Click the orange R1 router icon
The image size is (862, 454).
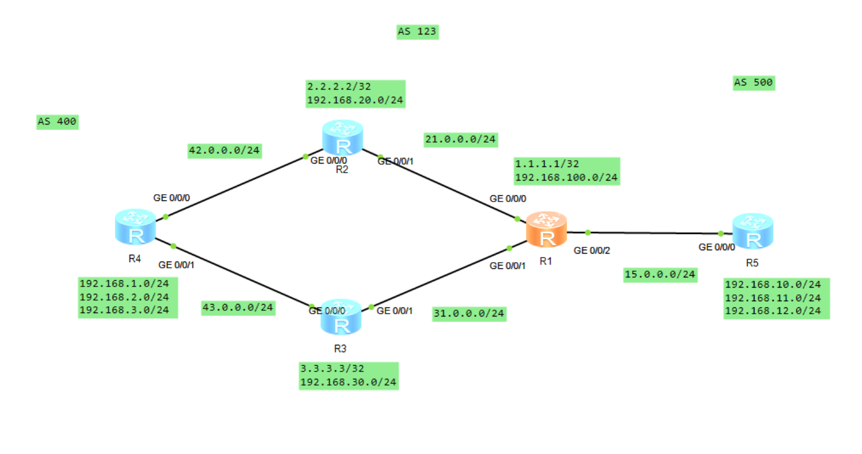click(546, 230)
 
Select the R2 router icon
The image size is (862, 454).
click(342, 138)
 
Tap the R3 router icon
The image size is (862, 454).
click(341, 318)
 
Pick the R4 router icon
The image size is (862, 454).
click(135, 228)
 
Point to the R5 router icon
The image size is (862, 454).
click(752, 232)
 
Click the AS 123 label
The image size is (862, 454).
click(417, 32)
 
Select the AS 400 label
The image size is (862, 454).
click(57, 122)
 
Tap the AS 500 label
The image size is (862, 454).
click(753, 83)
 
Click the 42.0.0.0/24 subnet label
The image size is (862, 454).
click(224, 151)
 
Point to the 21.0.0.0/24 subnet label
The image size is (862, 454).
click(460, 139)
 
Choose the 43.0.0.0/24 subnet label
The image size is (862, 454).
click(238, 308)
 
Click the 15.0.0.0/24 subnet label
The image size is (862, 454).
click(659, 275)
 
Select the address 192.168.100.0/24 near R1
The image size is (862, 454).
click(566, 178)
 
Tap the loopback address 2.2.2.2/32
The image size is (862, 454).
click(338, 87)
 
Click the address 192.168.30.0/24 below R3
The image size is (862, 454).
click(348, 382)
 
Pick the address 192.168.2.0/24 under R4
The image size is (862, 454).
click(124, 297)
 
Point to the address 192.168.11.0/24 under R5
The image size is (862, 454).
click(773, 298)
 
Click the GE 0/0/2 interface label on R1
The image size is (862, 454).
click(591, 251)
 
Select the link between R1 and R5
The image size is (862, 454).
click(651, 233)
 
